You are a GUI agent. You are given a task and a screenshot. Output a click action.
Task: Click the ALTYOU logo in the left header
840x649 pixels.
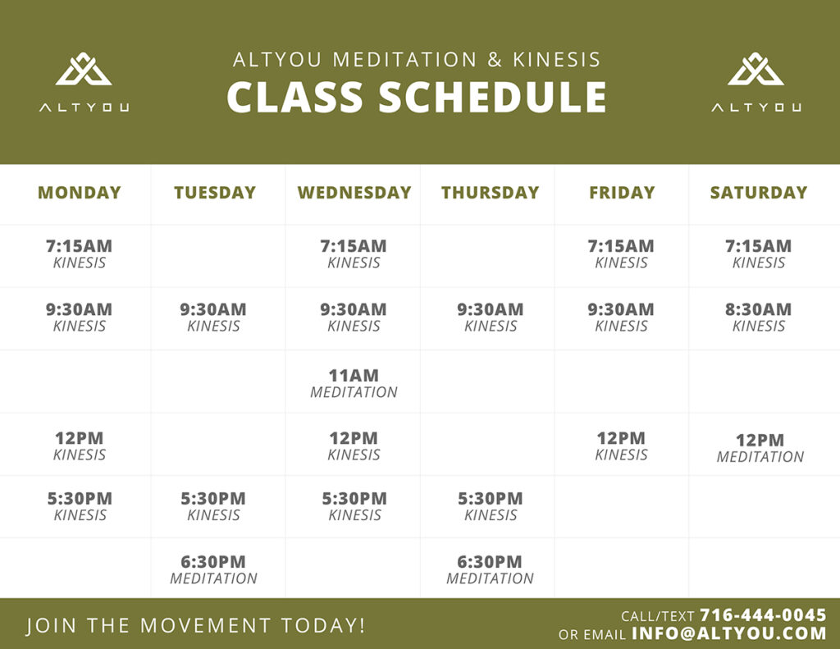click(84, 81)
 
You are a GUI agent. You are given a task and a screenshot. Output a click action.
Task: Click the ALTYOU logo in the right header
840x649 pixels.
click(756, 81)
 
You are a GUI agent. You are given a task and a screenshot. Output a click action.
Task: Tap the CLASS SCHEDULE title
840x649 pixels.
click(416, 97)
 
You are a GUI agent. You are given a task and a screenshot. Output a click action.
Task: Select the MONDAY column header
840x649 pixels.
click(80, 192)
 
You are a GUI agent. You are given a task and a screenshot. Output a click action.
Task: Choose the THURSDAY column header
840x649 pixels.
click(491, 192)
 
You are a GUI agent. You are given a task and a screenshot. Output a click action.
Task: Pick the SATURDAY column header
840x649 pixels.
click(759, 192)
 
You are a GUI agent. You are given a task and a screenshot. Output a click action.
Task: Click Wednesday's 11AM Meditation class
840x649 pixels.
click(354, 383)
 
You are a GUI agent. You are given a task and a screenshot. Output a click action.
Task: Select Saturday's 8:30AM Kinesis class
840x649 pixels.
click(759, 317)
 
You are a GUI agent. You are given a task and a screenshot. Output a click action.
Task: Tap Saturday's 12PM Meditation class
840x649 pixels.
click(760, 448)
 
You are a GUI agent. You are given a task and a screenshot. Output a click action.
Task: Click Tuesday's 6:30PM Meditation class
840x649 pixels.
click(213, 569)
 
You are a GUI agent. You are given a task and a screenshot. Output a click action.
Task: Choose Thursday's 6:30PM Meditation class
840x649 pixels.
click(490, 569)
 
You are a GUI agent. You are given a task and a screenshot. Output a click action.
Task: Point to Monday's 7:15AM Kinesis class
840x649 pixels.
click(80, 254)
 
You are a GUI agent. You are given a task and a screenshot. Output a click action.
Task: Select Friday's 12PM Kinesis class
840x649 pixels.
click(622, 446)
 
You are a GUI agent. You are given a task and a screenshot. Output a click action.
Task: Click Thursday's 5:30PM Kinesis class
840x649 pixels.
click(491, 506)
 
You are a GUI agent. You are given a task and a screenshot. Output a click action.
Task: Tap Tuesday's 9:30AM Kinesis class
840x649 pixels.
click(213, 317)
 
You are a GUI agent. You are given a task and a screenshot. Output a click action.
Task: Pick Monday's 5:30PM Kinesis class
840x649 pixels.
click(80, 506)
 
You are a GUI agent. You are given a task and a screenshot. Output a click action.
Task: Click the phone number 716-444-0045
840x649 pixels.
click(763, 615)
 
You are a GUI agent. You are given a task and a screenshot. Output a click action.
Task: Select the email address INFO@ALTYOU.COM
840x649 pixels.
click(729, 633)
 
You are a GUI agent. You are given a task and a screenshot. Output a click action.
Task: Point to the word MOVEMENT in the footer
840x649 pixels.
click(206, 625)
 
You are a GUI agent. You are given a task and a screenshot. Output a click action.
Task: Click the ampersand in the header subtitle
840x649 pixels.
click(495, 60)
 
